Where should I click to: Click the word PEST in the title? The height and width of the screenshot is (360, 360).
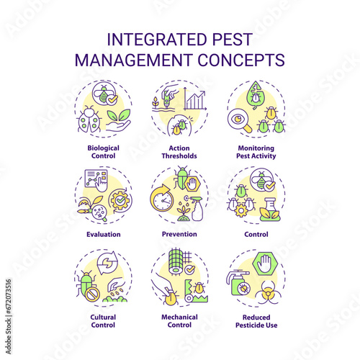pyautogui.click(x=232, y=40)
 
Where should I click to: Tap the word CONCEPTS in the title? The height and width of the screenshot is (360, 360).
pyautogui.click(x=241, y=60)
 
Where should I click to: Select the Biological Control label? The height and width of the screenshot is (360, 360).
pyautogui.click(x=103, y=152)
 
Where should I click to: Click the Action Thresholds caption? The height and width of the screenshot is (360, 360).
pyautogui.click(x=179, y=152)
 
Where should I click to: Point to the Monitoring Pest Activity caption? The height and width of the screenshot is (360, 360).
pyautogui.click(x=256, y=152)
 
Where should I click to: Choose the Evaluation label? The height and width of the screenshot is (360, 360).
pyautogui.click(x=104, y=234)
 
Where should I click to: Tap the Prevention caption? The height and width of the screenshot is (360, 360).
pyautogui.click(x=179, y=234)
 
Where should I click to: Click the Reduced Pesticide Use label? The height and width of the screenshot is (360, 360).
pyautogui.click(x=256, y=321)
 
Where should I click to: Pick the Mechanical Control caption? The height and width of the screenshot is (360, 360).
pyautogui.click(x=179, y=321)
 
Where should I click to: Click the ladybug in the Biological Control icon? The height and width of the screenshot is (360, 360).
pyautogui.click(x=89, y=120)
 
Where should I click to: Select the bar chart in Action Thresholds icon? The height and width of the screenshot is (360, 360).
pyautogui.click(x=195, y=99)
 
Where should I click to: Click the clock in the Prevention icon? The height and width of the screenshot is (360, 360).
pyautogui.click(x=162, y=198)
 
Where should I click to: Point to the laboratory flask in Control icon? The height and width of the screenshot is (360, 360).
pyautogui.click(x=269, y=210)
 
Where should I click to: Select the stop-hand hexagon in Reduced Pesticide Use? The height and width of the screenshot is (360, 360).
pyautogui.click(x=265, y=264)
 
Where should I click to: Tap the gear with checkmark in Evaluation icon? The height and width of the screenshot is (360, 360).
pyautogui.click(x=120, y=201)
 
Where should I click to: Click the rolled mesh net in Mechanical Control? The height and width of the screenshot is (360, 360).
pyautogui.click(x=177, y=261)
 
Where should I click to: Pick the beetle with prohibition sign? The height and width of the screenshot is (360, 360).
pyautogui.click(x=87, y=286)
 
